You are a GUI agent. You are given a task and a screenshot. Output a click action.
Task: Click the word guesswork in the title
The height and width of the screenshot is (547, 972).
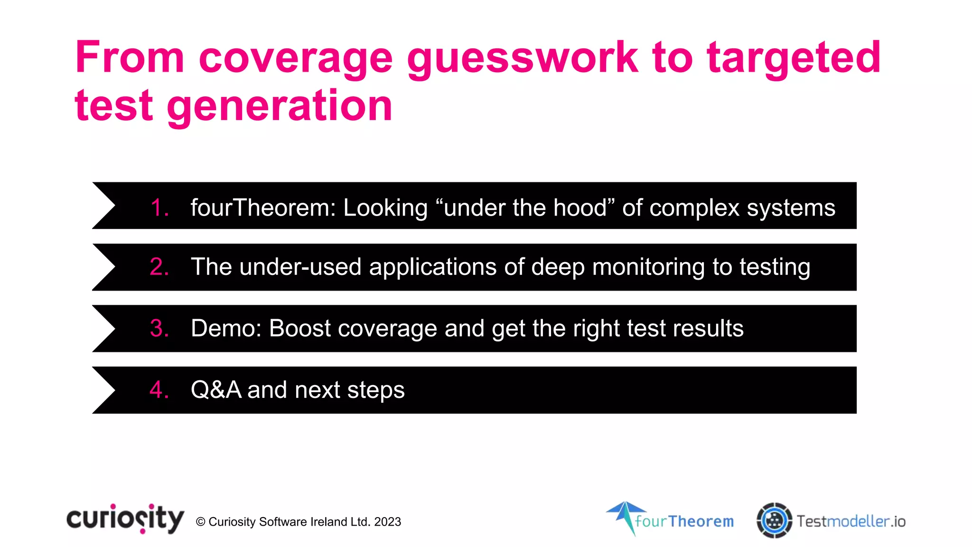pos(523,58)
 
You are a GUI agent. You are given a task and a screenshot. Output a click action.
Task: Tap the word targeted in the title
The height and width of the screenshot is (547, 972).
pos(794,58)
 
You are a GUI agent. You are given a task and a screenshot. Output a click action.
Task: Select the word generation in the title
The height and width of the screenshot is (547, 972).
pos(280,106)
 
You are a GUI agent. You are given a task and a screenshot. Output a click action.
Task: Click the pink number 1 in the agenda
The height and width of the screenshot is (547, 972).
pos(159,208)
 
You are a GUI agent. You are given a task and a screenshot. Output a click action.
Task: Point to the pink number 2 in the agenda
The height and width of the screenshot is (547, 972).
pos(159,267)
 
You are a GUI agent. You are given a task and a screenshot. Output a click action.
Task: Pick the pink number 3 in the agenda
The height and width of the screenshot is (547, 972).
pos(159,329)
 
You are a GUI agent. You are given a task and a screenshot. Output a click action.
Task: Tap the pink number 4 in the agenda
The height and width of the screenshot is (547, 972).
pos(159,390)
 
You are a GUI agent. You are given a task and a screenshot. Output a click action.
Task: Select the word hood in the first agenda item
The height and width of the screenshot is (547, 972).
pos(583,208)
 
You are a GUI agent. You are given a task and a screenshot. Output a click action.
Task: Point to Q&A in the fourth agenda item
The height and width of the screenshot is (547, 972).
pos(216,390)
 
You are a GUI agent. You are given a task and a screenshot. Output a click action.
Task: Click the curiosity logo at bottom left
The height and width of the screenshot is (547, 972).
pos(125,519)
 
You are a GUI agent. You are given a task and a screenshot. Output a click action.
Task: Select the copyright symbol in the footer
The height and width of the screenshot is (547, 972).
pos(200,522)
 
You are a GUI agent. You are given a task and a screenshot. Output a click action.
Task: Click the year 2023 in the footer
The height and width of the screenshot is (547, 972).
pos(387,522)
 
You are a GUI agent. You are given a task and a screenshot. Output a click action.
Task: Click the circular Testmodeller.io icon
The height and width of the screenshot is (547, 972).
pos(774,520)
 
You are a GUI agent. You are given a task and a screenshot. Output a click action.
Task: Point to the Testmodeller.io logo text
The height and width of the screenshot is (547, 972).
pos(851,521)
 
